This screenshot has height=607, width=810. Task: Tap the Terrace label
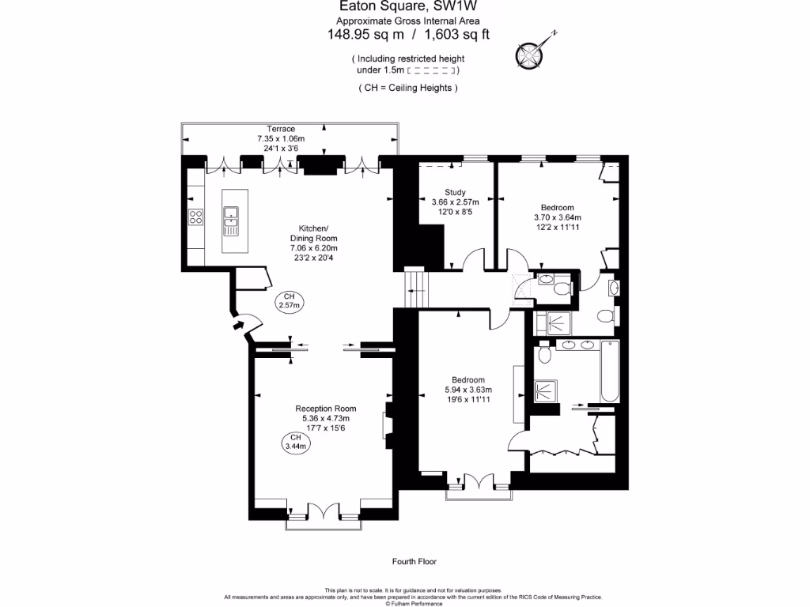tap(280, 129)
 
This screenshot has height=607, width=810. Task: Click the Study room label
tap(455, 192)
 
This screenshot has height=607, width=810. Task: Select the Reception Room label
tap(325, 409)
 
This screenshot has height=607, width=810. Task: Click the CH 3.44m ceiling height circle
tap(295, 442)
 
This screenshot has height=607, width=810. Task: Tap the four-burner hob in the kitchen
tap(195, 217)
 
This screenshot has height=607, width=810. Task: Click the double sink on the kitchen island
tap(232, 221)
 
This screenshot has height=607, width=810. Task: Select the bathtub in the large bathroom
tap(608, 372)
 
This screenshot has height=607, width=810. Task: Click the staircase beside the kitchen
tap(416, 288)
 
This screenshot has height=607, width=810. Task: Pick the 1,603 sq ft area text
tap(457, 34)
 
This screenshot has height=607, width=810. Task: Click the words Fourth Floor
tap(414, 562)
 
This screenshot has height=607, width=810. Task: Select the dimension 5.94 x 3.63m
tap(468, 390)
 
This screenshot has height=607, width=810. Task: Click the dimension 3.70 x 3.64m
tap(558, 217)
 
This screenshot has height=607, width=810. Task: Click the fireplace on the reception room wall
tap(388, 425)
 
